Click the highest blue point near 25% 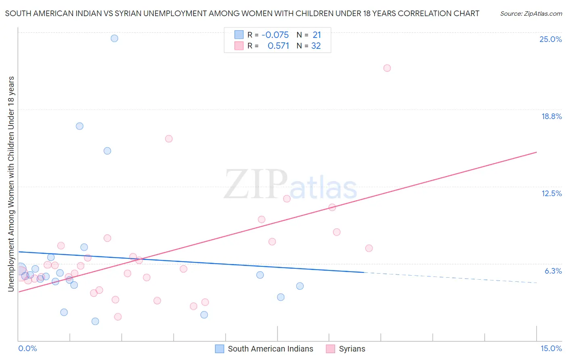pyautogui.click(x=115, y=38)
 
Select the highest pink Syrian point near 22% pyautogui.click(x=387, y=68)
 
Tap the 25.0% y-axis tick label pyautogui.click(x=550, y=39)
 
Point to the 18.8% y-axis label pyautogui.click(x=551, y=116)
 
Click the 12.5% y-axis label pyautogui.click(x=551, y=193)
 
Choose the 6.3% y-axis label pyautogui.click(x=553, y=271)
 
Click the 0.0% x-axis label pyautogui.click(x=27, y=348)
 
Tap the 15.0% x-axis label pyautogui.click(x=551, y=348)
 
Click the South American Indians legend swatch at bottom pyautogui.click(x=219, y=349)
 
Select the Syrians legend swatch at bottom pyautogui.click(x=331, y=349)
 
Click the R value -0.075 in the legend pyautogui.click(x=275, y=35)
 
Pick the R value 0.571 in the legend pyautogui.click(x=278, y=46)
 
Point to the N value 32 pyautogui.click(x=316, y=46)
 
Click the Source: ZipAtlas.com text pyautogui.click(x=531, y=14)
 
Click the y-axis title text pyautogui.click(x=11, y=184)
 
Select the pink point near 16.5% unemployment pyautogui.click(x=169, y=139)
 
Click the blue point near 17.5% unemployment pyautogui.click(x=80, y=126)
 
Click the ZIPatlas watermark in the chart pyautogui.click(x=290, y=184)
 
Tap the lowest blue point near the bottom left pyautogui.click(x=95, y=321)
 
